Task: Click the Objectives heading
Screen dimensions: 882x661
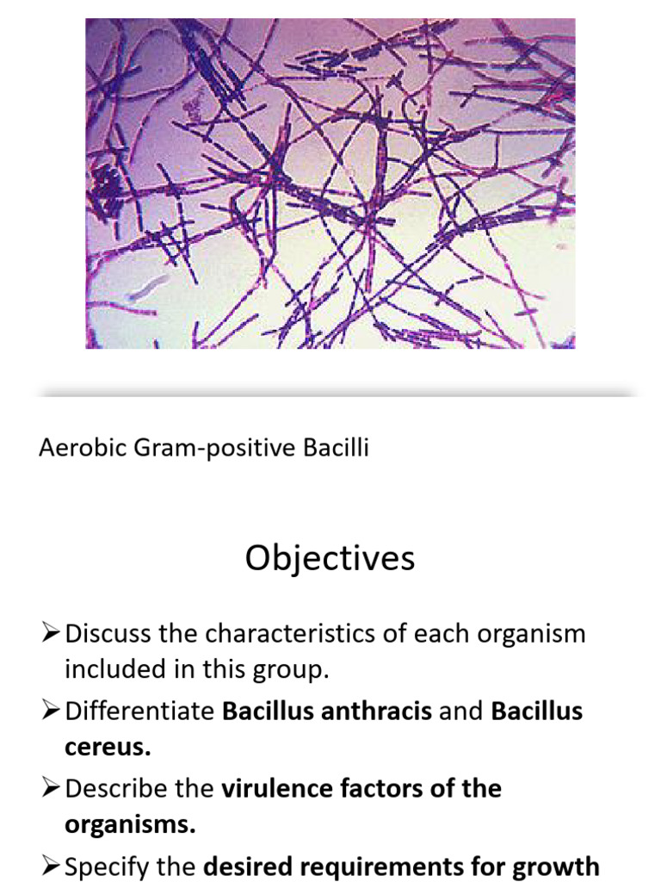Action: pyautogui.click(x=330, y=559)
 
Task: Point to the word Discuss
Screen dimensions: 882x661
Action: pyautogui.click(x=108, y=634)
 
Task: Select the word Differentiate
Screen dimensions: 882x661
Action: pyautogui.click(x=139, y=711)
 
